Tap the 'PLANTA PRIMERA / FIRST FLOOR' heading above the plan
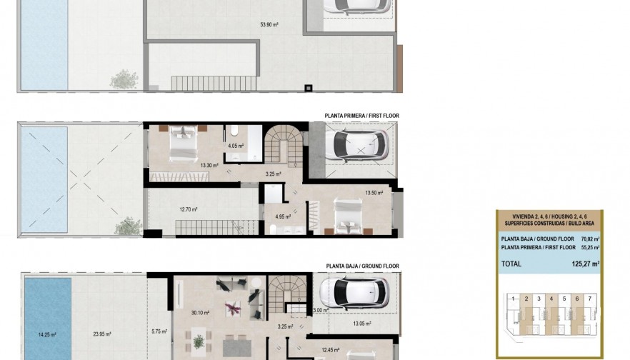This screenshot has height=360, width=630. pyautogui.click(x=361, y=115)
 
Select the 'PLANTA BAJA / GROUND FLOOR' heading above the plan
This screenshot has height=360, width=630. pyautogui.click(x=362, y=266)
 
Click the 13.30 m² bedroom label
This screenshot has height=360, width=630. pyautogui.click(x=209, y=166)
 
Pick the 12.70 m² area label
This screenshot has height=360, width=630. pyautogui.click(x=189, y=209)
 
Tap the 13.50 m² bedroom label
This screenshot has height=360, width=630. pyautogui.click(x=374, y=192)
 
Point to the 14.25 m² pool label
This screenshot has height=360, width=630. pyautogui.click(x=47, y=334)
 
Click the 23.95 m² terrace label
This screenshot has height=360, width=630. pyautogui.click(x=104, y=334)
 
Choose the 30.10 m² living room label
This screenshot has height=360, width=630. pyautogui.click(x=200, y=312)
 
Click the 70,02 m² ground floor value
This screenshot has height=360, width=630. pyautogui.click(x=590, y=239)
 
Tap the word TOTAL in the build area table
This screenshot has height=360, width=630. pyautogui.click(x=511, y=264)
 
